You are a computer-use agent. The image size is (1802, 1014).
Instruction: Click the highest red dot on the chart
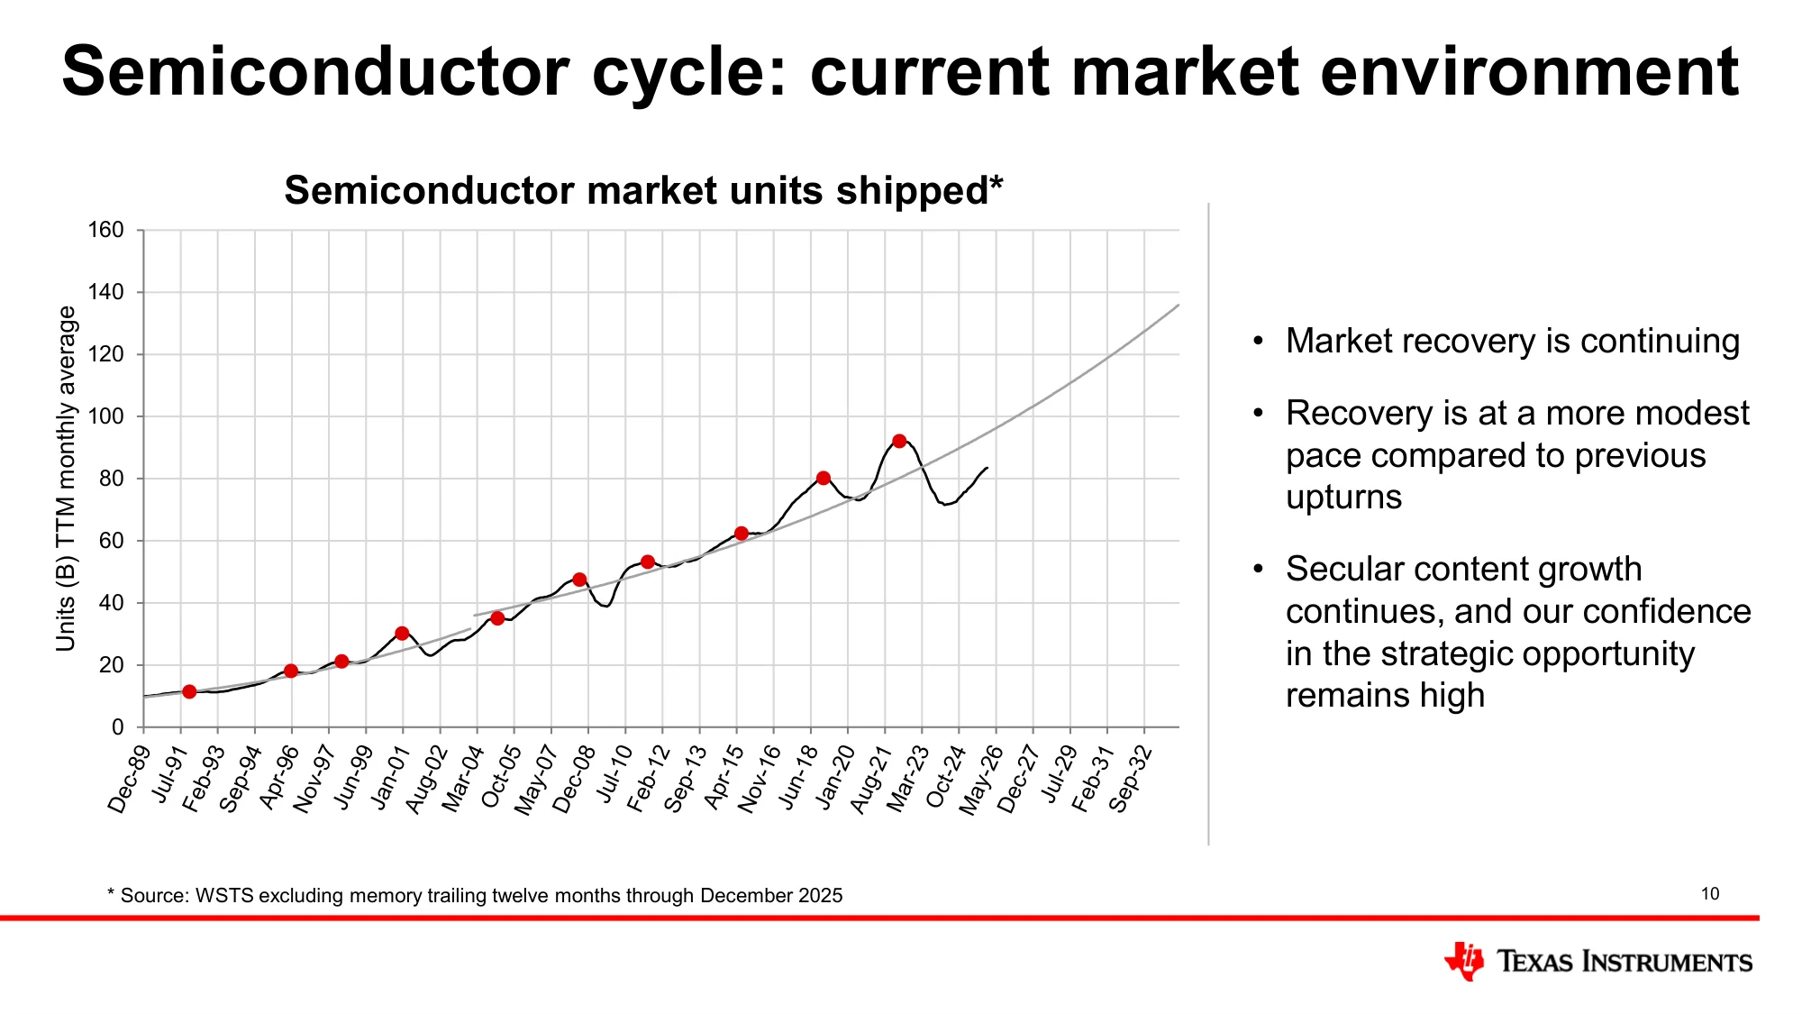pyautogui.click(x=899, y=441)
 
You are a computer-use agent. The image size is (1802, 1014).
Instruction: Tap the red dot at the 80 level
pyautogui.click(x=824, y=478)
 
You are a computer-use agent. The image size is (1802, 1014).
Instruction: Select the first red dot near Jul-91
pyautogui.click(x=189, y=691)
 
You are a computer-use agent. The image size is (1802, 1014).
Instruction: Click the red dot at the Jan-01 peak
pyautogui.click(x=402, y=633)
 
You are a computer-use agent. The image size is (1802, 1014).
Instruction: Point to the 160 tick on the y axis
pyautogui.click(x=105, y=230)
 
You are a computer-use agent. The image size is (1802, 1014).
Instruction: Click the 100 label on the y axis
pyautogui.click(x=105, y=416)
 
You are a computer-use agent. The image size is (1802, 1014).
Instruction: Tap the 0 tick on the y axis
pyautogui.click(x=117, y=726)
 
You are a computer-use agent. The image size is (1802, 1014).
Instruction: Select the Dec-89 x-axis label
pyautogui.click(x=128, y=780)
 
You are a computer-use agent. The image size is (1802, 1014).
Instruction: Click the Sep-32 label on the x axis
pyautogui.click(x=1130, y=780)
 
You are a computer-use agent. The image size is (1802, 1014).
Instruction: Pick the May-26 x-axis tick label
pyautogui.click(x=980, y=781)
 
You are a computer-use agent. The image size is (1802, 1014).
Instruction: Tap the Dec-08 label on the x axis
pyautogui.click(x=573, y=780)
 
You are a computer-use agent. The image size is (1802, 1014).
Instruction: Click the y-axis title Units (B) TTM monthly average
pyautogui.click(x=66, y=478)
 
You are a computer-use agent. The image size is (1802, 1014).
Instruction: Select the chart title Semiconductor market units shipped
pyautogui.click(x=643, y=190)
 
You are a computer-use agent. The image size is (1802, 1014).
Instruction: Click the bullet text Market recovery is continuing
pyautogui.click(x=1513, y=341)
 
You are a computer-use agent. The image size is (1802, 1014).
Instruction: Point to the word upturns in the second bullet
pyautogui.click(x=1343, y=497)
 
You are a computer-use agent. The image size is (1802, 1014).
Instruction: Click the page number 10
pyautogui.click(x=1710, y=894)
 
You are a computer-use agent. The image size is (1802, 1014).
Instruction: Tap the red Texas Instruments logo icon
pyautogui.click(x=1464, y=962)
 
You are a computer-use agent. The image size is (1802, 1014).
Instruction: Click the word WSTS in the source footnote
pyautogui.click(x=224, y=896)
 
